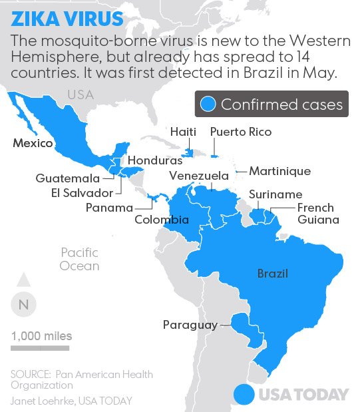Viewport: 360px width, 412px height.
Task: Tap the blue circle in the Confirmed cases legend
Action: [208, 104]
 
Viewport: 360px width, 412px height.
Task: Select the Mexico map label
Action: [33, 143]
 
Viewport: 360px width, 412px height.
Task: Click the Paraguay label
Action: [190, 325]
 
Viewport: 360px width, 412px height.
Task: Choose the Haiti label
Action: [182, 132]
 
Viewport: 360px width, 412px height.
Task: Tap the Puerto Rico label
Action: [240, 132]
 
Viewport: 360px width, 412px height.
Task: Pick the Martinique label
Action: [279, 171]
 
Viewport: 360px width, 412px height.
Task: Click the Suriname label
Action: [275, 194]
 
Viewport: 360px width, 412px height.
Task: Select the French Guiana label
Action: [317, 214]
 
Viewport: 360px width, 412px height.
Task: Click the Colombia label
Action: [162, 220]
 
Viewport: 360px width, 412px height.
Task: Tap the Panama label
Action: [109, 208]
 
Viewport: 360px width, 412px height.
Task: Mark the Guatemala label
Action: [68, 178]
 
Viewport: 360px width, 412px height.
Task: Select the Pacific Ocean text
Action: [79, 259]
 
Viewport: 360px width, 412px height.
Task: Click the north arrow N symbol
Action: [23, 305]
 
